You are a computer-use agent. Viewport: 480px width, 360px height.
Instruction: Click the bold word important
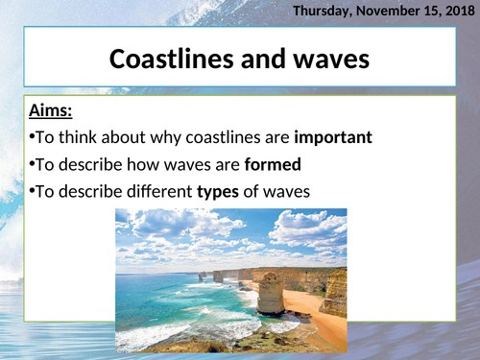click(x=333, y=138)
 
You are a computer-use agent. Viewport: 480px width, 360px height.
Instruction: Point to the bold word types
click(x=217, y=191)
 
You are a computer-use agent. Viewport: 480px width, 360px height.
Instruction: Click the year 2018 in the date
click(x=453, y=11)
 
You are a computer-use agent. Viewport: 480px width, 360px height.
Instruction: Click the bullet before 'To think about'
click(x=31, y=138)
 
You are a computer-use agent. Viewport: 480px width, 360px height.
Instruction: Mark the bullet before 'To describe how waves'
click(x=31, y=164)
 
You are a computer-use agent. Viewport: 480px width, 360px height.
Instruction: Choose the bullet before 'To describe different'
click(x=31, y=191)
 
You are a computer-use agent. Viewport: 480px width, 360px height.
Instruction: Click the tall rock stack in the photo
click(x=272, y=293)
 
